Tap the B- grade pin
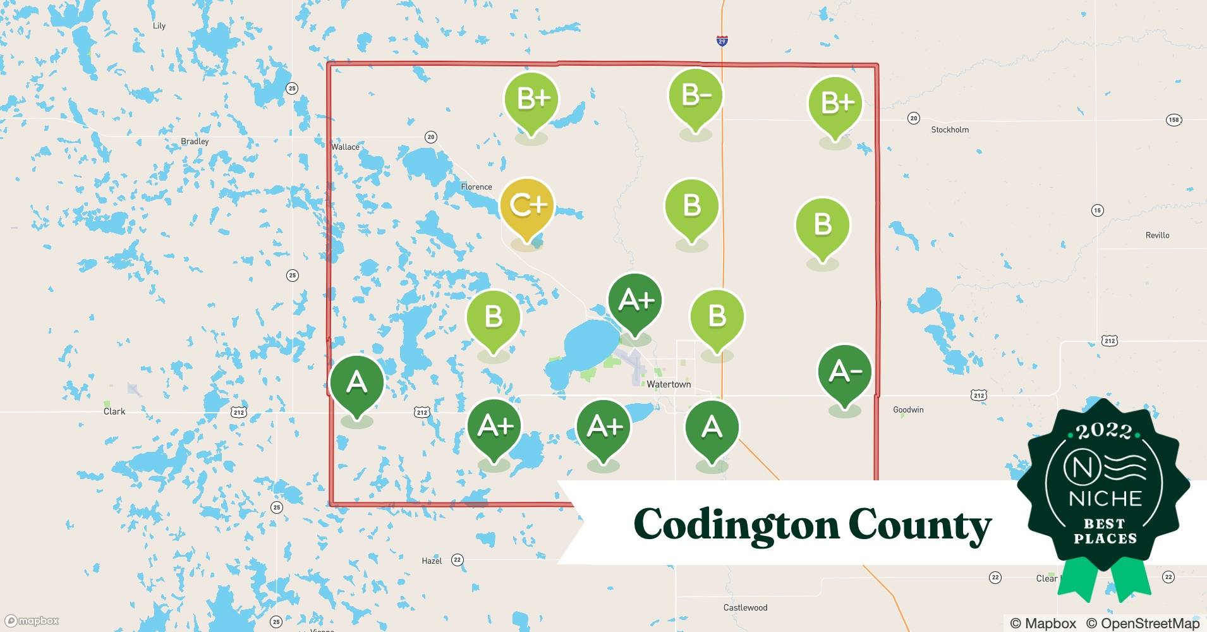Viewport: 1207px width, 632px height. tap(695, 97)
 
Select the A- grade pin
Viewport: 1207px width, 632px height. tap(844, 372)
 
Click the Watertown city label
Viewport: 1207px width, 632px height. tap(669, 384)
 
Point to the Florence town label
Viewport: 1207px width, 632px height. tap(476, 187)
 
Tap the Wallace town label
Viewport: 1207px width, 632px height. tap(345, 147)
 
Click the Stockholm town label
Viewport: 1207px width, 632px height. tap(950, 130)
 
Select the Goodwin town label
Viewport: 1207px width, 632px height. tap(908, 410)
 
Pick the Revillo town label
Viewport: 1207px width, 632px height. tap(1157, 235)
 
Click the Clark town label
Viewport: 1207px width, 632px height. tap(114, 411)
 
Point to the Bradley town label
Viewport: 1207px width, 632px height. tap(195, 142)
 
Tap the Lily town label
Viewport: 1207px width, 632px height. tap(159, 26)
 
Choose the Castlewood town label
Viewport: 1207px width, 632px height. tap(745, 608)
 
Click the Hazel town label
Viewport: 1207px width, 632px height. tap(432, 561)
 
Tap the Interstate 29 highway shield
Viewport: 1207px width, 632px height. tap(722, 41)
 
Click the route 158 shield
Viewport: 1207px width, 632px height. tap(1174, 120)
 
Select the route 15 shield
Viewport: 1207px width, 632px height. tap(1098, 210)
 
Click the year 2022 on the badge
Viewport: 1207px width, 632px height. tap(1104, 431)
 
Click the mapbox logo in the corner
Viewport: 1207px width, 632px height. tap(32, 621)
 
